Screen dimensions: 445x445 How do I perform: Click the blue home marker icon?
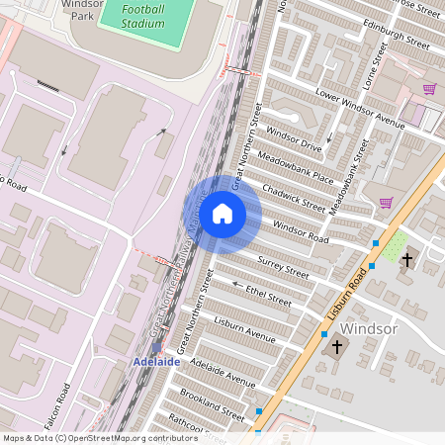tap(222, 214)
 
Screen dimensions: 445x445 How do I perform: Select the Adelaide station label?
tap(156, 362)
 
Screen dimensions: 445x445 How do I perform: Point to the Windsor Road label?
tap(301, 232)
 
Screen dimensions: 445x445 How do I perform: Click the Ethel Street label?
tap(269, 295)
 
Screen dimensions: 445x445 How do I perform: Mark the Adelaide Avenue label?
tap(222, 372)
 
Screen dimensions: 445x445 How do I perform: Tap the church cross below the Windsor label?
tap(337, 347)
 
